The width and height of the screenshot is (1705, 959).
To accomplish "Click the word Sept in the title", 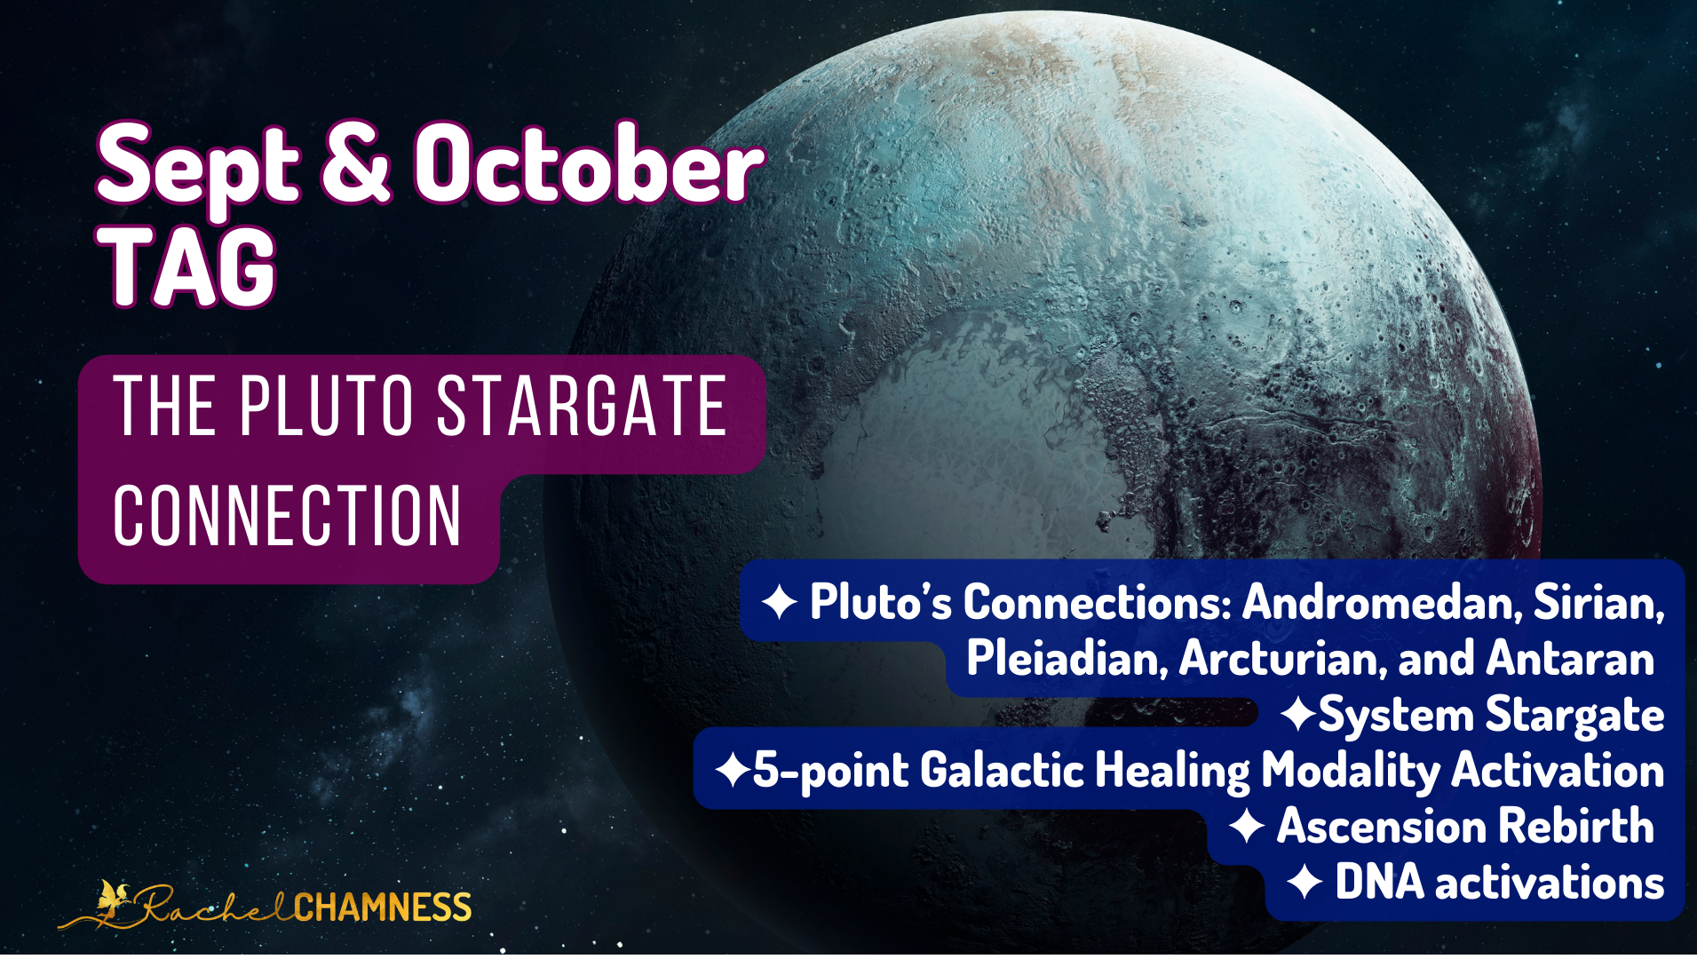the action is [x=199, y=168].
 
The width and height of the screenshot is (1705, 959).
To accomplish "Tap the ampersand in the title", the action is [x=355, y=162].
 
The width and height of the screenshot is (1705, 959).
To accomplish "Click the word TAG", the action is [x=187, y=266].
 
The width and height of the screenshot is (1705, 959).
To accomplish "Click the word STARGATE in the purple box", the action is [x=583, y=406].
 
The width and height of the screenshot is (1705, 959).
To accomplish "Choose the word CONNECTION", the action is [x=287, y=515].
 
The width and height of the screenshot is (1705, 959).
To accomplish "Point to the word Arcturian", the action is [x=1282, y=659].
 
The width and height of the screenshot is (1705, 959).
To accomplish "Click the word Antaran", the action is [x=1570, y=659].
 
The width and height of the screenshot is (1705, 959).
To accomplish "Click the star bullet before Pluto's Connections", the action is [x=779, y=602].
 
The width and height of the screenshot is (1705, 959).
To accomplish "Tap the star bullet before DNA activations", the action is [x=1305, y=883].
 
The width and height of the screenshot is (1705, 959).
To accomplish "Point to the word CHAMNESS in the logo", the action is [x=383, y=907].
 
